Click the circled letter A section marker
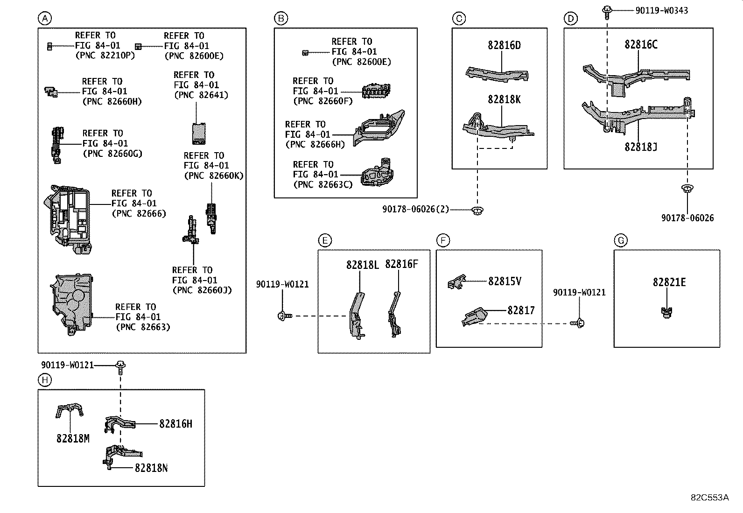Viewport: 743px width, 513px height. pos(45,18)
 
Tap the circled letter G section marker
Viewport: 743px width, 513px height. pos(621,240)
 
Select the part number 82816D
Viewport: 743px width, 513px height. pos(504,45)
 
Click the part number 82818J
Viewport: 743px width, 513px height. pos(641,147)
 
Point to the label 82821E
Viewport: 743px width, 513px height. pos(669,282)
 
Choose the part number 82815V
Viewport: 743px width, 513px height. pos(505,281)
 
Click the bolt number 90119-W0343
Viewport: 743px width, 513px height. pos(661,11)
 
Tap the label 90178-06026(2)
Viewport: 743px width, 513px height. pos(416,209)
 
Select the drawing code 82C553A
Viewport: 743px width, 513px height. pos(709,498)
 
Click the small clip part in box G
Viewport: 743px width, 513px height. pos(667,312)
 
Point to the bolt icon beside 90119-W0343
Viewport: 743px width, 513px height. pos(607,12)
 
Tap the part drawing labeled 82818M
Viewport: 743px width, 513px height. pos(69,410)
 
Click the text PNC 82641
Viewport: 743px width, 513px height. pos(201,95)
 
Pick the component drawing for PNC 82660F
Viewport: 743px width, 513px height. pos(376,91)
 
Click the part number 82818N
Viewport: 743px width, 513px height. pos(151,468)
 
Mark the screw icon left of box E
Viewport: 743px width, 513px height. pos(285,316)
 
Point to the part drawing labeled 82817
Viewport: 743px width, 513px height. pos(474,316)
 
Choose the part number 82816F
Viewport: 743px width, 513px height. pos(401,264)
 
